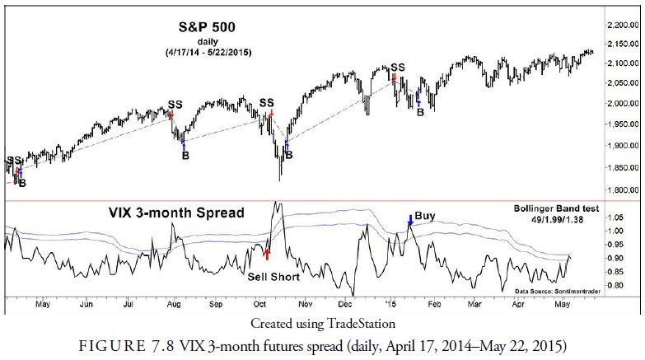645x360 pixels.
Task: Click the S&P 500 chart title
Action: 208,26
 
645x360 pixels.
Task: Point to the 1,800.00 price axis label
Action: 621,189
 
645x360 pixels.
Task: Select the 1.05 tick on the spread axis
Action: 615,217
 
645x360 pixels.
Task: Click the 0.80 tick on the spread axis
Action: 615,286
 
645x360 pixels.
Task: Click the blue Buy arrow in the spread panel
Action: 410,222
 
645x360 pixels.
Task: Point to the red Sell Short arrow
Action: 267,255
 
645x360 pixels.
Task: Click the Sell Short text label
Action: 274,276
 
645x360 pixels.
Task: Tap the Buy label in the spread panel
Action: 425,216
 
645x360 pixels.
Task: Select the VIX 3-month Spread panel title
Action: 177,213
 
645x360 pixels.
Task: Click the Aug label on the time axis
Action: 174,304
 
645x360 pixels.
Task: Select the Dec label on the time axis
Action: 344,304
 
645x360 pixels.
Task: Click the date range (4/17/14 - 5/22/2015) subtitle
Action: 208,52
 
